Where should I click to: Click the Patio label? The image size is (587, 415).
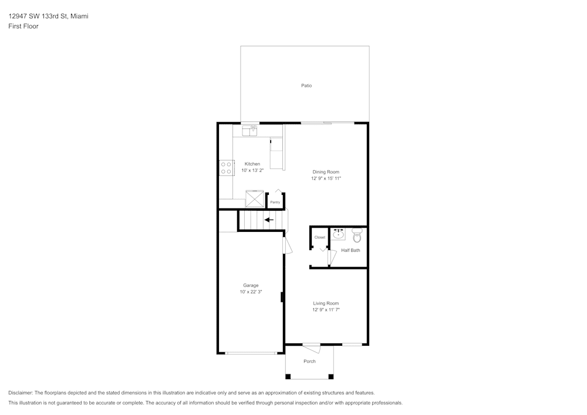point(306,86)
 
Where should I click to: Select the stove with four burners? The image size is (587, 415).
point(225,168)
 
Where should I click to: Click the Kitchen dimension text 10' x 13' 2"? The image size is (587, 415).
point(252,171)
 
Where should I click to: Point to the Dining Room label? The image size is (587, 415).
point(326,172)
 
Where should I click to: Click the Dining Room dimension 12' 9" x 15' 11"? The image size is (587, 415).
point(326,178)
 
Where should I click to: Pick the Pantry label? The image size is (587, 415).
point(275,202)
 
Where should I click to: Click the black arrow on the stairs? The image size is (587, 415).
point(269,220)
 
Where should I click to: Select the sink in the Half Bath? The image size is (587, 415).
point(339,235)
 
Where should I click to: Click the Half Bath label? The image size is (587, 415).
point(350,251)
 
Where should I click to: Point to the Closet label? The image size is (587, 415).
point(319,237)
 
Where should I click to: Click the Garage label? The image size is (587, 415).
point(251,285)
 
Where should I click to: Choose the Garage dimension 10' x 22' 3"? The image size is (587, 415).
point(251,292)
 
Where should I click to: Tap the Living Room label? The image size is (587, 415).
point(326,303)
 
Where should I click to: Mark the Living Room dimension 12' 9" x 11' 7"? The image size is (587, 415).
point(326,310)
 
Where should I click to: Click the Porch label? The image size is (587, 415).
point(309,362)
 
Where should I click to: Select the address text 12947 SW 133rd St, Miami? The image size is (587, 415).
point(48,16)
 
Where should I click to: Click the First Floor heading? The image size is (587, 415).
point(23,26)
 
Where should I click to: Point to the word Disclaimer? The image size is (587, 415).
point(21,393)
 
